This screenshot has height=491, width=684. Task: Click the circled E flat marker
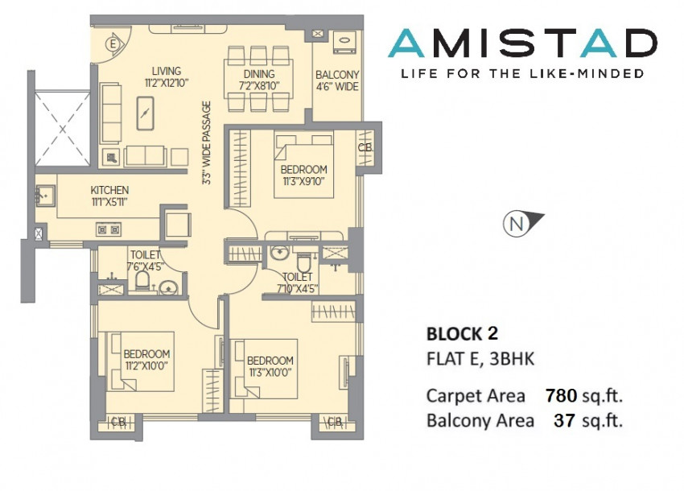click(x=113, y=44)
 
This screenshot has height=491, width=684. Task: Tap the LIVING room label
click(x=167, y=71)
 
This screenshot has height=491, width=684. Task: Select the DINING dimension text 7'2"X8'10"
click(x=258, y=85)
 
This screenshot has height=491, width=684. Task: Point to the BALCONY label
click(x=337, y=75)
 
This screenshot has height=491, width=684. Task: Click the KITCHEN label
click(x=109, y=190)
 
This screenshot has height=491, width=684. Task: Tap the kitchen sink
click(x=45, y=195)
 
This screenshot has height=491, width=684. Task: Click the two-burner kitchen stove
click(x=109, y=229)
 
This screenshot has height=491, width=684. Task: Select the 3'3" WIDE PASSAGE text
click(x=206, y=142)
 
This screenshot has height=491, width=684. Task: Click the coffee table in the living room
click(x=146, y=113)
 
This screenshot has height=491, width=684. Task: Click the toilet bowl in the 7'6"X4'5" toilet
click(x=142, y=281)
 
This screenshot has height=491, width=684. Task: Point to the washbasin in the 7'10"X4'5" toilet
click(x=278, y=252)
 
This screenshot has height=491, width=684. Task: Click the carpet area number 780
click(x=562, y=395)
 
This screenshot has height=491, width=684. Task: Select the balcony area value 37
click(x=565, y=420)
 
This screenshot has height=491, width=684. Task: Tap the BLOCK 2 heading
click(x=462, y=334)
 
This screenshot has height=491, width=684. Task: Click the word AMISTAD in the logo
click(x=522, y=43)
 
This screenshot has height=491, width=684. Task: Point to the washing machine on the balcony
click(x=345, y=43)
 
